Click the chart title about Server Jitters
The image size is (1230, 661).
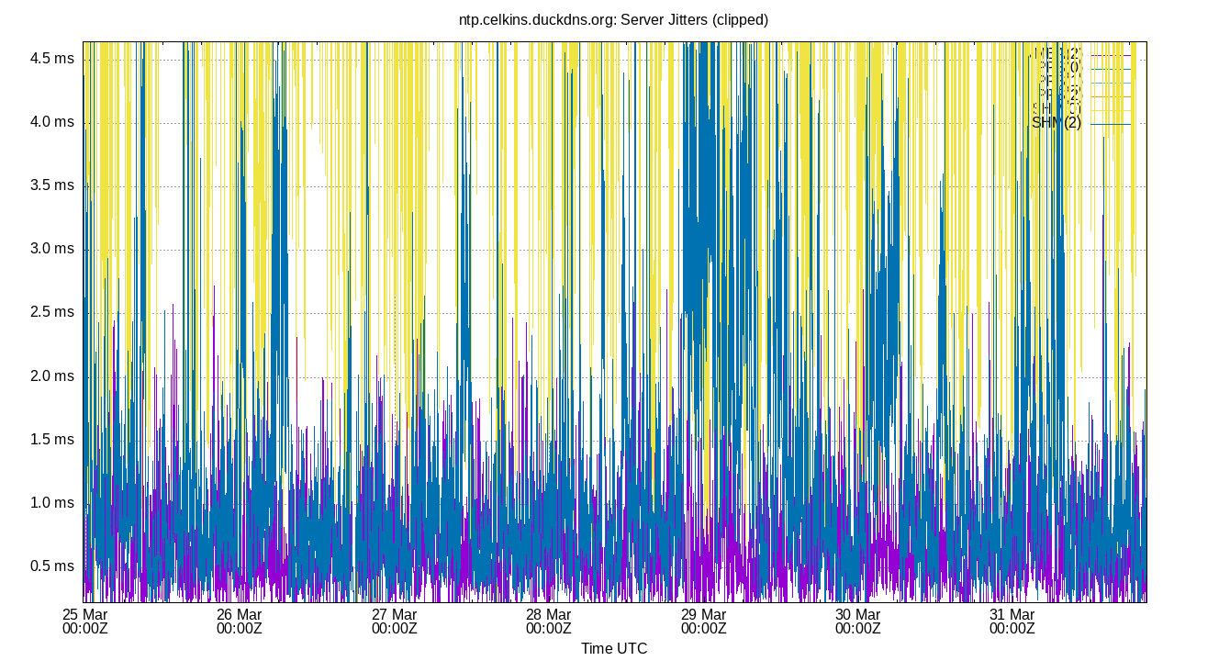pyautogui.click(x=613, y=19)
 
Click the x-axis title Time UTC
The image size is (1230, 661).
pyautogui.click(x=613, y=648)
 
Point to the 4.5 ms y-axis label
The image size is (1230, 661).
pyautogui.click(x=52, y=59)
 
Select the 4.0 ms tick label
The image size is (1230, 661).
pyautogui.click(x=52, y=122)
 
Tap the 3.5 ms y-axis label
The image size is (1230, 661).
pyautogui.click(x=52, y=185)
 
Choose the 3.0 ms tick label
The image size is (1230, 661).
pyautogui.click(x=52, y=249)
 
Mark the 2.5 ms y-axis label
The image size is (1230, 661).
pyautogui.click(x=52, y=312)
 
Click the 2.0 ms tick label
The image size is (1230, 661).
pyautogui.click(x=52, y=376)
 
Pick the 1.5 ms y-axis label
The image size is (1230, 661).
pyautogui.click(x=52, y=440)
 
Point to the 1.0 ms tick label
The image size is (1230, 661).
pyautogui.click(x=52, y=503)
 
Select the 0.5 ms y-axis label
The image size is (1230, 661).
pyautogui.click(x=52, y=566)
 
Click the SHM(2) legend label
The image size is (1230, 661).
pyautogui.click(x=1057, y=123)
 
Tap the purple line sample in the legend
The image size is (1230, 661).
pyautogui.click(x=1111, y=55)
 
